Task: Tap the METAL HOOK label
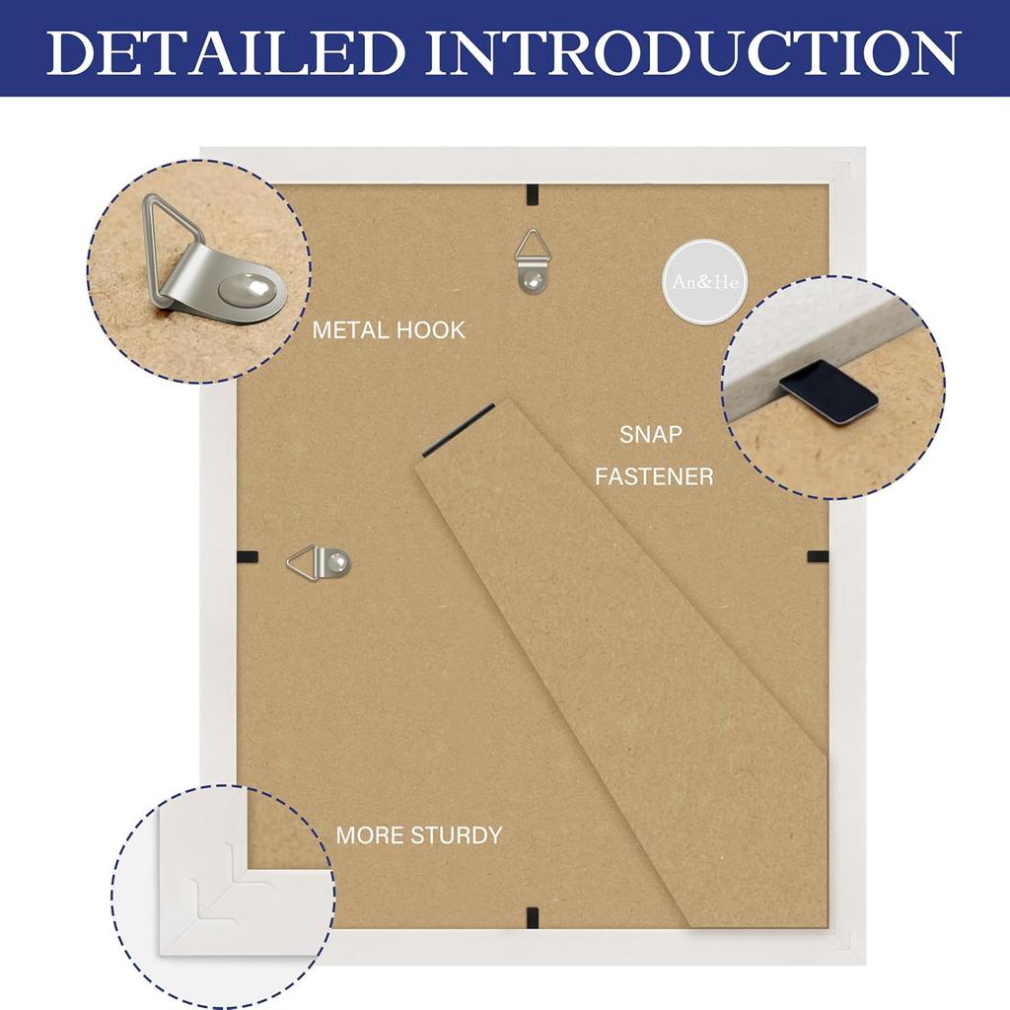tap(389, 330)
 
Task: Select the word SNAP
tap(650, 434)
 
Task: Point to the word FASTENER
tap(654, 476)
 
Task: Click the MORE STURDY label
tap(418, 835)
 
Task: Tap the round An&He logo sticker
tap(704, 281)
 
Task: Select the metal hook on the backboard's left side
tap(320, 563)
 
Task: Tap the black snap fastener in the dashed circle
tap(829, 391)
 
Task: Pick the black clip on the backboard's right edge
tap(817, 556)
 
